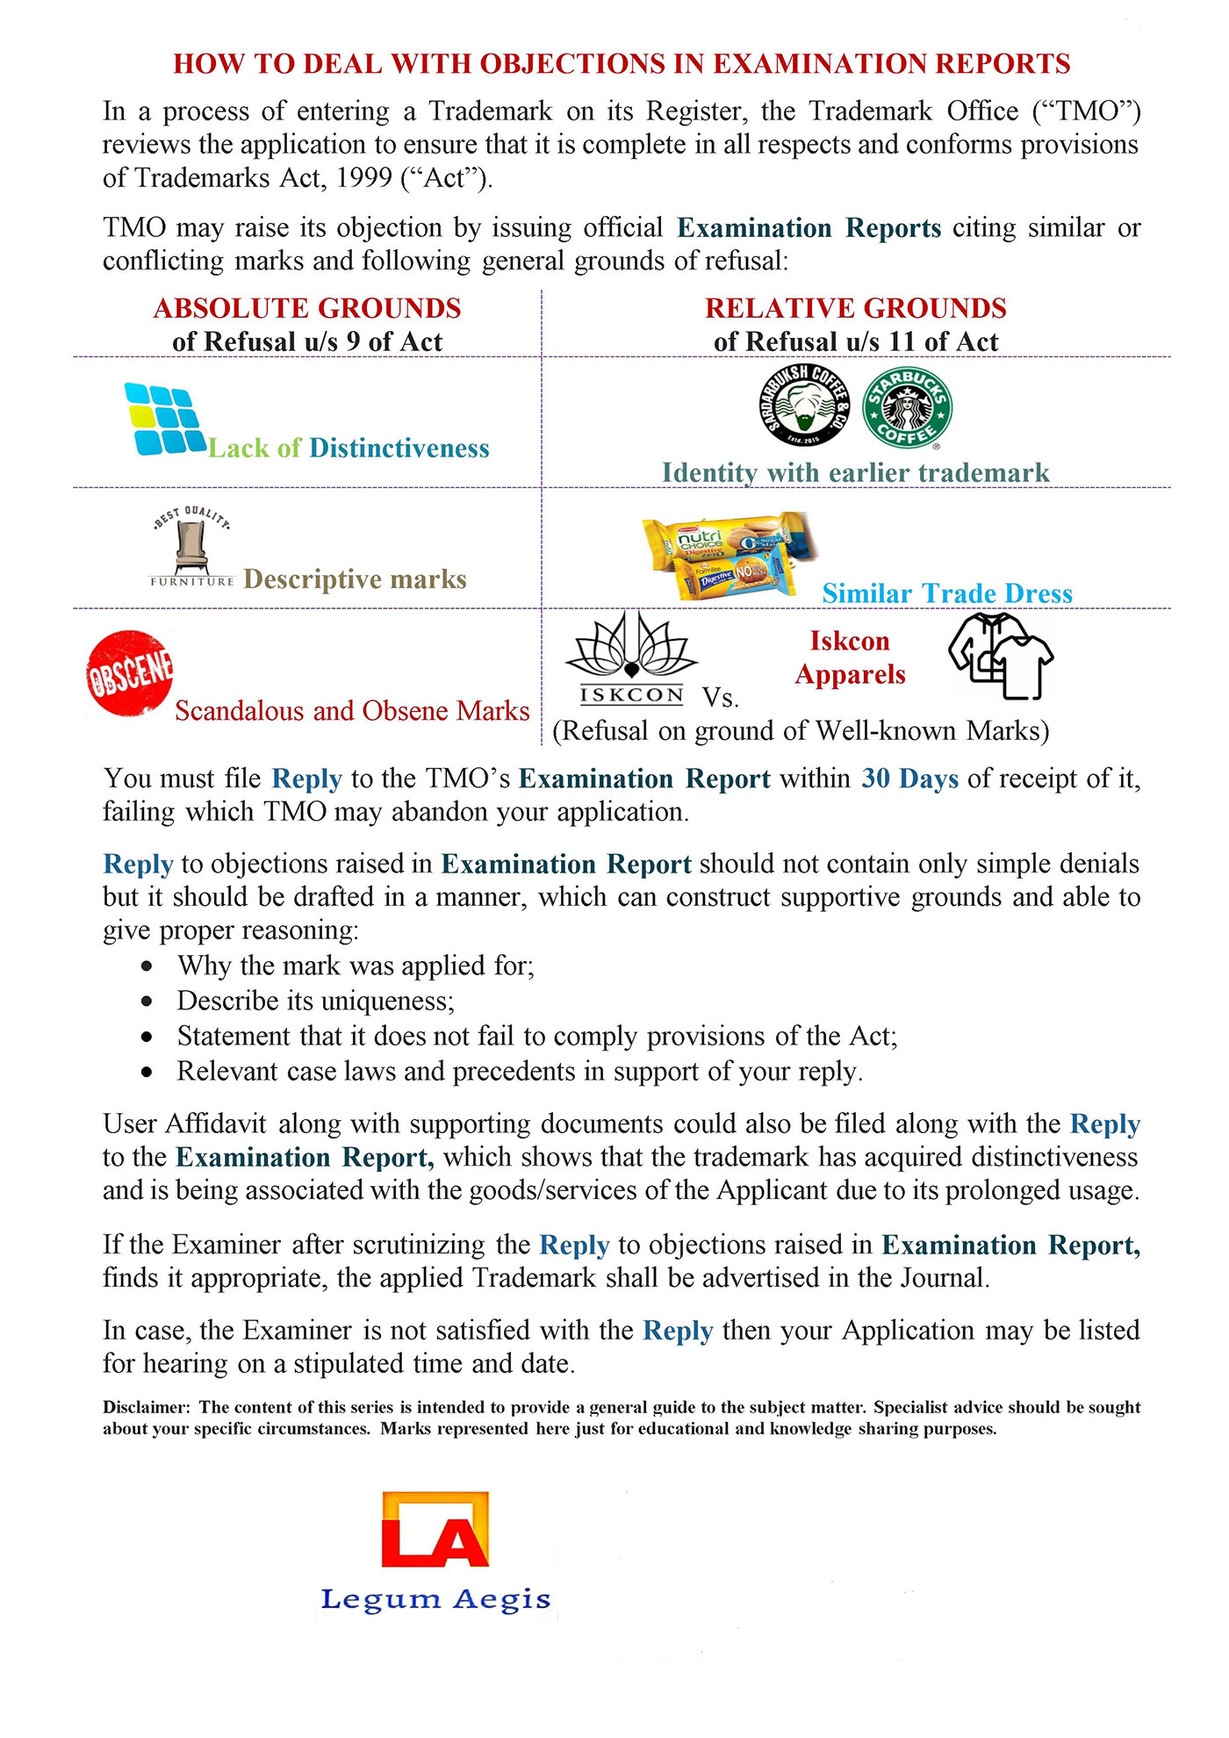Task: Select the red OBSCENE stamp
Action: click(130, 673)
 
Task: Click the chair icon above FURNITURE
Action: click(190, 544)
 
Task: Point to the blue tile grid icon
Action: click(164, 420)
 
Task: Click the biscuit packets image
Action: click(728, 555)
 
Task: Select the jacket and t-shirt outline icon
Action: click(1001, 656)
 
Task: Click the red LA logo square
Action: click(435, 1529)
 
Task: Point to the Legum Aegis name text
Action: click(435, 1599)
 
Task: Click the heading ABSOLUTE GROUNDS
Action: click(307, 308)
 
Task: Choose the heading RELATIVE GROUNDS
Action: click(855, 308)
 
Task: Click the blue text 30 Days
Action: click(909, 779)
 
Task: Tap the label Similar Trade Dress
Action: click(947, 593)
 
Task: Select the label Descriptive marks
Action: click(355, 579)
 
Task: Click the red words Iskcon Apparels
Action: click(850, 657)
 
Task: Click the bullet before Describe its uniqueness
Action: click(147, 1001)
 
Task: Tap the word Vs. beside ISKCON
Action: click(721, 698)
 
